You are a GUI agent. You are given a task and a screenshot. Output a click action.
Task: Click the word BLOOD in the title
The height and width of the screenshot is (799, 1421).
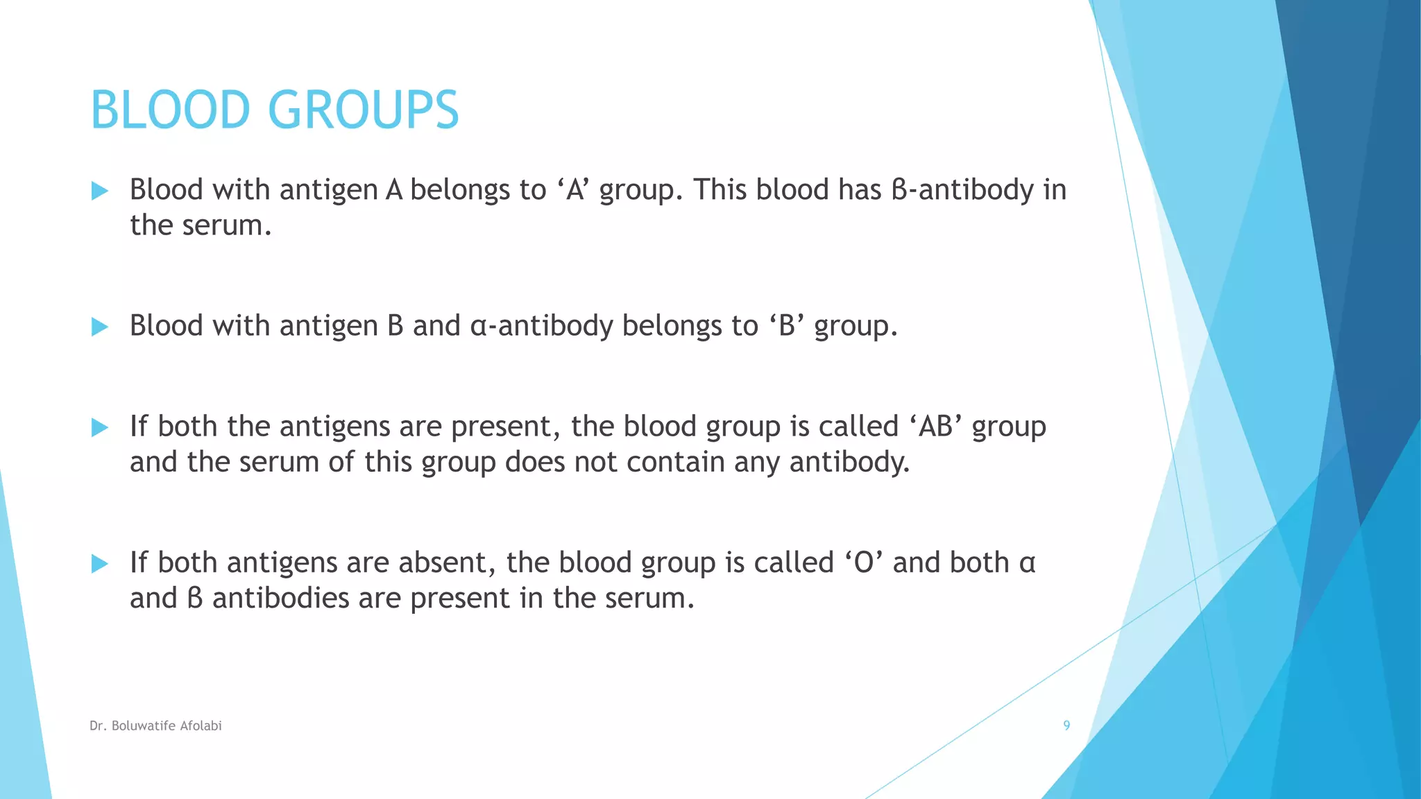pos(169,110)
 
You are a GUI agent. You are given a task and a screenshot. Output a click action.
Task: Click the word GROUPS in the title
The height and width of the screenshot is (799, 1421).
pos(363,110)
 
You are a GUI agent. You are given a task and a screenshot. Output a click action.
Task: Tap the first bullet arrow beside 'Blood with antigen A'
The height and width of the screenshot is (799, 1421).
pos(100,191)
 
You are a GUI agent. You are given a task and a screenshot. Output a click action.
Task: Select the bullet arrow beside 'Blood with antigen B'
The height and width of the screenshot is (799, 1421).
pos(100,327)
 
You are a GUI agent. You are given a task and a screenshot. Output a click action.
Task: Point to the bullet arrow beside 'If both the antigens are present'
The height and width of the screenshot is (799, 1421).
pos(100,427)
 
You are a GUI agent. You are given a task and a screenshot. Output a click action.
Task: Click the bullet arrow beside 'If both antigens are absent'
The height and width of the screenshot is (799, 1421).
pos(100,563)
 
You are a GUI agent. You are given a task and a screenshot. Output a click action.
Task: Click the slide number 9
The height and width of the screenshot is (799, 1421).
pos(1066,725)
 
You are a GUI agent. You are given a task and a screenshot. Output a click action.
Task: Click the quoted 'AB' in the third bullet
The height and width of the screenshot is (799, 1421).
pos(935,427)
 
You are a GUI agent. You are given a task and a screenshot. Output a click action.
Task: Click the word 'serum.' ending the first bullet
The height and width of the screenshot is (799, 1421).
pos(227,225)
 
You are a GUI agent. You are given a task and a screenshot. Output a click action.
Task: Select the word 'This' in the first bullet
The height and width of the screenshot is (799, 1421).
pos(720,190)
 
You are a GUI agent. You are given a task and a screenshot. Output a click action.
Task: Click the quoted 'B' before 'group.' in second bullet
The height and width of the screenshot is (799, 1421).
pos(786,326)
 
